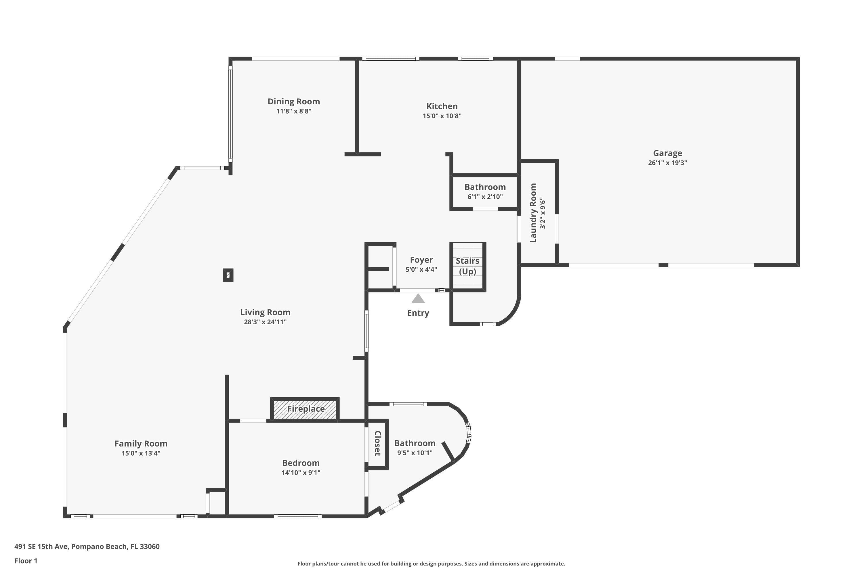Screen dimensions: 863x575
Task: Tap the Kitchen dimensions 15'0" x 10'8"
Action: click(442, 116)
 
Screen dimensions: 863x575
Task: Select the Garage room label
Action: click(667, 153)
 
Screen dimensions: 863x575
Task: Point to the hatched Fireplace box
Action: click(305, 409)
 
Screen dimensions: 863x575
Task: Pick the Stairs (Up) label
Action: click(467, 266)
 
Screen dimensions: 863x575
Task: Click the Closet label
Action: click(377, 443)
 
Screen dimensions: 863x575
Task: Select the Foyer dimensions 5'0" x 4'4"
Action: click(421, 270)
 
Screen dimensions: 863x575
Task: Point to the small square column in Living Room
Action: click(228, 275)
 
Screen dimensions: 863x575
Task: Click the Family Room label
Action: click(141, 444)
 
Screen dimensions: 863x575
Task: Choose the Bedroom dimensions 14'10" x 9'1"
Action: click(301, 473)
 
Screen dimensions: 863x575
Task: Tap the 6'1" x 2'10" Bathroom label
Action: click(485, 197)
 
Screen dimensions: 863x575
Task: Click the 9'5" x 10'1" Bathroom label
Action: click(415, 453)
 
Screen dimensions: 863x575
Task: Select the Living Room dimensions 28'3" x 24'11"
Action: click(265, 322)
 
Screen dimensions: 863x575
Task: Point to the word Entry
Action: click(418, 313)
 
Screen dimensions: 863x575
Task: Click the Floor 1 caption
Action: click(26, 561)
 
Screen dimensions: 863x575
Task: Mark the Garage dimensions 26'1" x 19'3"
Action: click(667, 163)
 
